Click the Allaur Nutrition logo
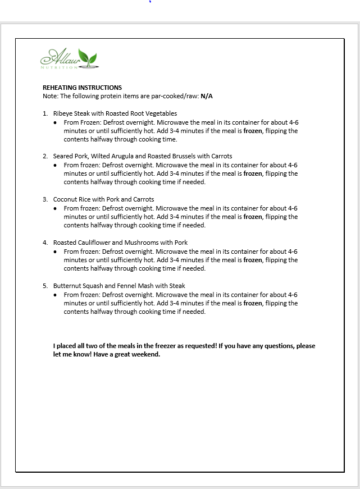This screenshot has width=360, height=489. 69,58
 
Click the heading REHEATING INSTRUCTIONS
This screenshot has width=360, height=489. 82,88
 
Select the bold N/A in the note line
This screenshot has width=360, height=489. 207,96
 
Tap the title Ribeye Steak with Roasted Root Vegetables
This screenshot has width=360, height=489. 115,113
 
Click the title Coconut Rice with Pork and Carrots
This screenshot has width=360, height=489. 103,199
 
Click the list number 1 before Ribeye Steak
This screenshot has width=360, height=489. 45,113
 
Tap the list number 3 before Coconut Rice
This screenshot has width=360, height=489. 45,199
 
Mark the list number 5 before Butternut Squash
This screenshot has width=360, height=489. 45,286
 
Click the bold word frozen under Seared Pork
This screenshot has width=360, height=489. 253,174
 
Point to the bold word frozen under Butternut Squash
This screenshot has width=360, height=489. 253,303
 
